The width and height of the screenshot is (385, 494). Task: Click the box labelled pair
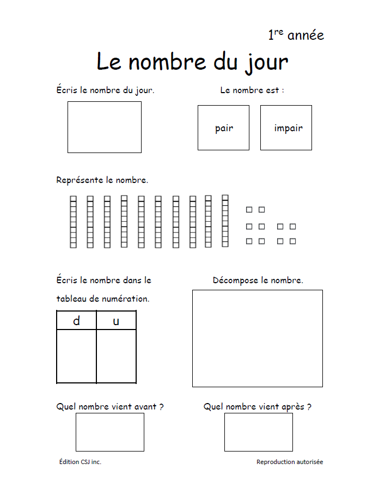tap(223, 127)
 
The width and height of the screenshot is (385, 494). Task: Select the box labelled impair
tap(286, 127)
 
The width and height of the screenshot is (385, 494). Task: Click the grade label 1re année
tap(296, 35)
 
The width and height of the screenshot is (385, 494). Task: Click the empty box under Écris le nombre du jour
tap(104, 127)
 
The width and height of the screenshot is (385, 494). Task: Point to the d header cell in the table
tap(76, 321)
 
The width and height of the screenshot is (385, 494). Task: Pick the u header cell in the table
tap(116, 321)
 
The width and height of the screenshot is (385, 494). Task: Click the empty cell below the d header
tap(76, 356)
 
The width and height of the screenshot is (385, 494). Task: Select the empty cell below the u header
tap(116, 356)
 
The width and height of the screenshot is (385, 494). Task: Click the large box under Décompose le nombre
tap(257, 338)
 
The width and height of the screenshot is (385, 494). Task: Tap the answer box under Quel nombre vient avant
tap(109, 432)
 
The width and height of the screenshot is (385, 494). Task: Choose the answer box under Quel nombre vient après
tap(258, 432)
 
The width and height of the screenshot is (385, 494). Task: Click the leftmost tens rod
tap(73, 222)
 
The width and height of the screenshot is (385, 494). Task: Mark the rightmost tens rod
tap(225, 221)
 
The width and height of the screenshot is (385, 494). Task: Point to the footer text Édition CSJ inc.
tap(80, 462)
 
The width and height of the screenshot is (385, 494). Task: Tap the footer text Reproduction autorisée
tap(289, 462)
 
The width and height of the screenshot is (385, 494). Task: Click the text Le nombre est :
tap(252, 90)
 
